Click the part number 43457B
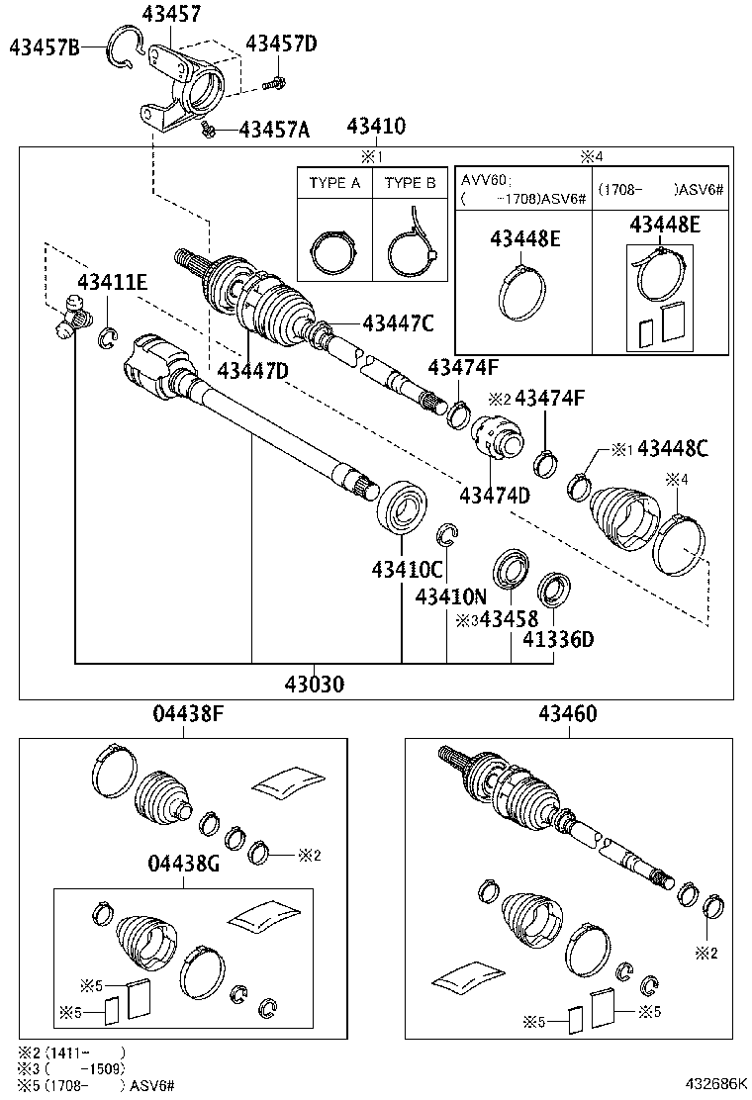click(x=45, y=46)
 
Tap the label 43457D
click(x=282, y=44)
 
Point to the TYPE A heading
click(x=334, y=183)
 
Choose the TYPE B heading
click(x=410, y=183)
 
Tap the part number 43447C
click(x=399, y=321)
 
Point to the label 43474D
click(x=494, y=495)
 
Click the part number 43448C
click(x=673, y=449)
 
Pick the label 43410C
click(x=407, y=570)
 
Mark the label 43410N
click(x=451, y=596)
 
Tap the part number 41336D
click(x=558, y=639)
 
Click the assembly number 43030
click(x=316, y=684)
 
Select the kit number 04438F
click(x=186, y=713)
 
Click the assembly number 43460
click(x=568, y=713)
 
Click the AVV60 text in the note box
click(x=484, y=181)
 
